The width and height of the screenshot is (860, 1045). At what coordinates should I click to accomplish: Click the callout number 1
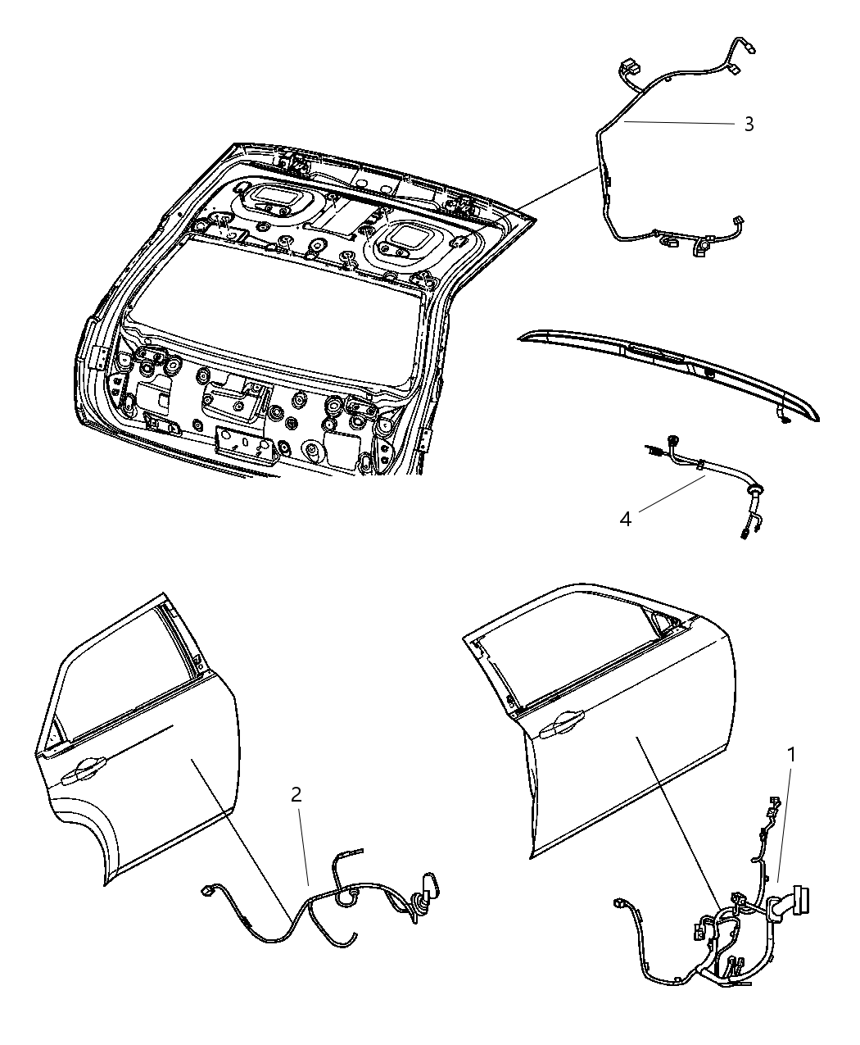[x=790, y=754]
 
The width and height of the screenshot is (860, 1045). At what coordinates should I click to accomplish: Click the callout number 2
[x=296, y=794]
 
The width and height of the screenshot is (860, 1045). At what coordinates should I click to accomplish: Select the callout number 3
[x=749, y=124]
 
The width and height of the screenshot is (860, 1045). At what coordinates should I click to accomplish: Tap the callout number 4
[x=626, y=520]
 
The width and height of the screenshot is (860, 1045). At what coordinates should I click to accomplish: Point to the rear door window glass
[x=123, y=672]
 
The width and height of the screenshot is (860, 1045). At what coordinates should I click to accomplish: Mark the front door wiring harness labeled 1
[x=721, y=943]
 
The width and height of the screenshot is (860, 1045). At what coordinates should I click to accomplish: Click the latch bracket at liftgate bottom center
[x=242, y=442]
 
